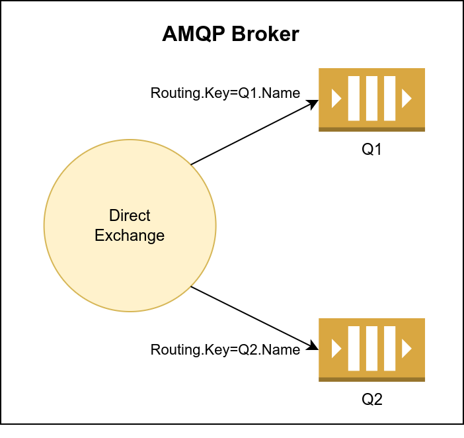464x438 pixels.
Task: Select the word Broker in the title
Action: click(265, 35)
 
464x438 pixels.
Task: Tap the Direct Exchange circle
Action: click(130, 265)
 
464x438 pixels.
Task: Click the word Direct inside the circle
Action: click(130, 216)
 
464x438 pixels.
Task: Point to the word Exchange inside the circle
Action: click(130, 235)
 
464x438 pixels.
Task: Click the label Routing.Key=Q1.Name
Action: click(225, 93)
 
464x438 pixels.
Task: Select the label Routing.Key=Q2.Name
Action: click(225, 349)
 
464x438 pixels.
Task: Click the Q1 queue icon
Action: click(371, 99)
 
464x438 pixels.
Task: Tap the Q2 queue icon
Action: click(371, 349)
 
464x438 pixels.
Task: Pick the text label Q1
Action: click(371, 150)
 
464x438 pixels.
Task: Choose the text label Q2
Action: click(371, 400)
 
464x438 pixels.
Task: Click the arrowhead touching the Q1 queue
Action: click(313, 103)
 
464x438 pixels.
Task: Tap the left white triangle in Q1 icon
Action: click(336, 99)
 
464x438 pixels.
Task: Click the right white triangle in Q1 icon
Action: click(406, 99)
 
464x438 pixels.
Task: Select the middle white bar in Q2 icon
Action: click(371, 348)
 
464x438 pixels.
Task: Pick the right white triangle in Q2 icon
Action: click(406, 348)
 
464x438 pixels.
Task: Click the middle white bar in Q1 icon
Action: click(371, 99)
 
